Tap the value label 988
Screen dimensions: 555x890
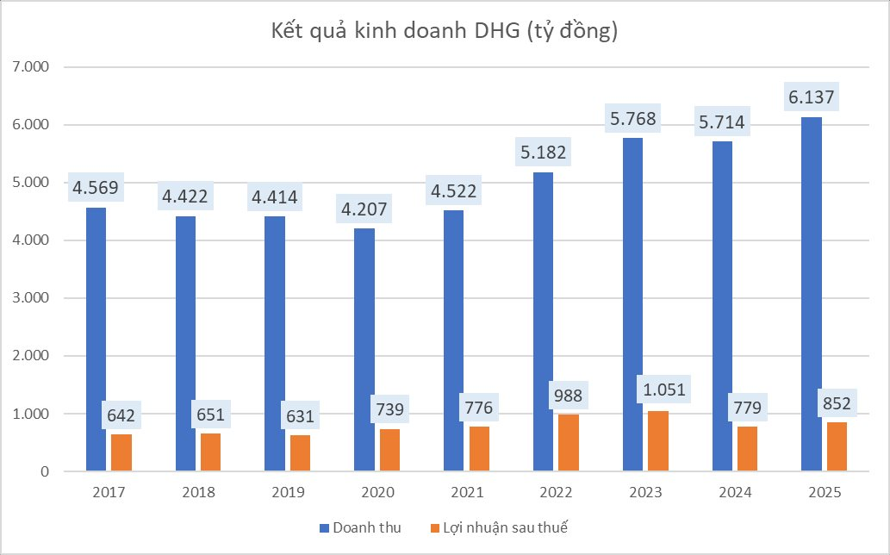(568, 396)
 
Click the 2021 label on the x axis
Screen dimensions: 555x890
(467, 493)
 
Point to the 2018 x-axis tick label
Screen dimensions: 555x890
(198, 493)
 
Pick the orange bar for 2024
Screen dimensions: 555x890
(746, 449)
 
